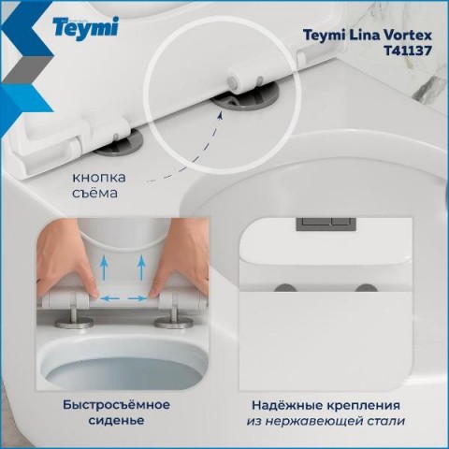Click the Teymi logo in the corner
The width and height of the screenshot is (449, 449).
coord(85,28)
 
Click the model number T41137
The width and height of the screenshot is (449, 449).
coord(408,51)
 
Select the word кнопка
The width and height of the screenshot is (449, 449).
coord(99,178)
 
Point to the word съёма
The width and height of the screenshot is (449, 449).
coord(94,193)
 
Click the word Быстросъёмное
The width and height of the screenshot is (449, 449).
coord(117,405)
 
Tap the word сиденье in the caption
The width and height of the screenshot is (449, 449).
coord(116,420)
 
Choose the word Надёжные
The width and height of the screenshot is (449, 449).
coord(287,406)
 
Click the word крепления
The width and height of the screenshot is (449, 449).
coord(364,406)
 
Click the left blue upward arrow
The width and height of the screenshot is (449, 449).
coord(104,267)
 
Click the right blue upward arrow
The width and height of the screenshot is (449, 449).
coord(142,267)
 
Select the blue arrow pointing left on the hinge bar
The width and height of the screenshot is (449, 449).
coord(110,298)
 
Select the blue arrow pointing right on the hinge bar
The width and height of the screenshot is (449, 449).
coord(138,298)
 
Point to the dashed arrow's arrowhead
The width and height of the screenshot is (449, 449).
coord(221,116)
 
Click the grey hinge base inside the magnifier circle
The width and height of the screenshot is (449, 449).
coord(245,99)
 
